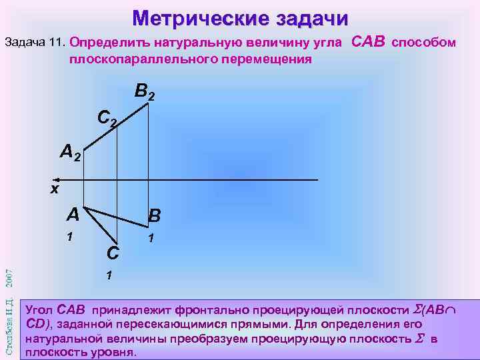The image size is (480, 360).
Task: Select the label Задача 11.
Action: (x=34, y=43)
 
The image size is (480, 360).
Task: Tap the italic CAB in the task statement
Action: (x=368, y=42)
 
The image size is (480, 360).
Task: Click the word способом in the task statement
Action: (x=424, y=43)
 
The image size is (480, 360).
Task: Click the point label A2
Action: (x=70, y=153)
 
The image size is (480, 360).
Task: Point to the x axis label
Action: (x=55, y=189)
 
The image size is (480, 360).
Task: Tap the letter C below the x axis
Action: (x=113, y=253)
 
